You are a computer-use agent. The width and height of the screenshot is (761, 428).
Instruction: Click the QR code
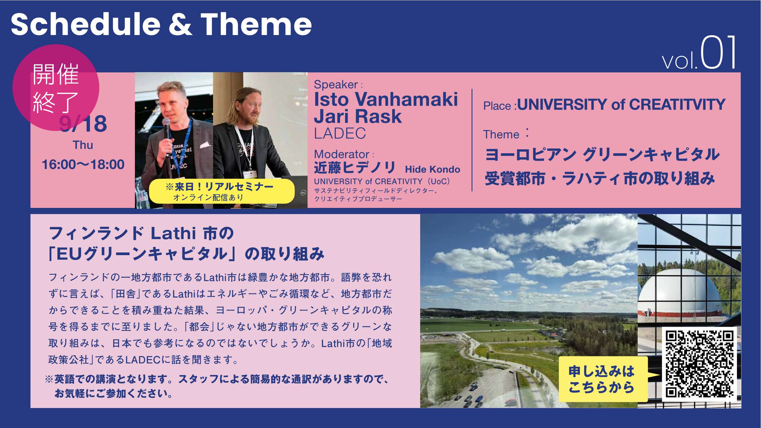tap(699, 364)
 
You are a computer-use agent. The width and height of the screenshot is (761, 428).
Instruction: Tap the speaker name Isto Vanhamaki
tap(386, 99)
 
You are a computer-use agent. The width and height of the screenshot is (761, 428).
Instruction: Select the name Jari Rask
tap(358, 116)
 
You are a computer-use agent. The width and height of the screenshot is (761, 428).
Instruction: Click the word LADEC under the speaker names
tap(340, 133)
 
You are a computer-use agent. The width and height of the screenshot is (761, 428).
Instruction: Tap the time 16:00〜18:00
tap(83, 165)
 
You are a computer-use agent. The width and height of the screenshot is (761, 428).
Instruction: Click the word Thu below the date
tap(83, 145)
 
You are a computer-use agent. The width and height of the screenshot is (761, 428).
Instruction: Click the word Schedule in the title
tap(86, 24)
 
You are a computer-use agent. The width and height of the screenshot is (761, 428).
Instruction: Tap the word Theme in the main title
tap(256, 24)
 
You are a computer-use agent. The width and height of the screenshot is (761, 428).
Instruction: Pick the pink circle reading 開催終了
tap(56, 87)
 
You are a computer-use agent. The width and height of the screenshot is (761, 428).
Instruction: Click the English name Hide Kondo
tap(432, 169)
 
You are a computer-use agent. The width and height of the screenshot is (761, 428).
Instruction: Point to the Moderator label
tap(342, 154)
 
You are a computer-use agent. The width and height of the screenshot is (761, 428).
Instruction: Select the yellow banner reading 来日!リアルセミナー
tap(221, 191)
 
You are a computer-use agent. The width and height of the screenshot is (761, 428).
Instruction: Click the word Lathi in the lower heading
tap(173, 233)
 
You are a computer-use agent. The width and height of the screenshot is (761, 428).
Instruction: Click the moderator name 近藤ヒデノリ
tap(355, 168)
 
